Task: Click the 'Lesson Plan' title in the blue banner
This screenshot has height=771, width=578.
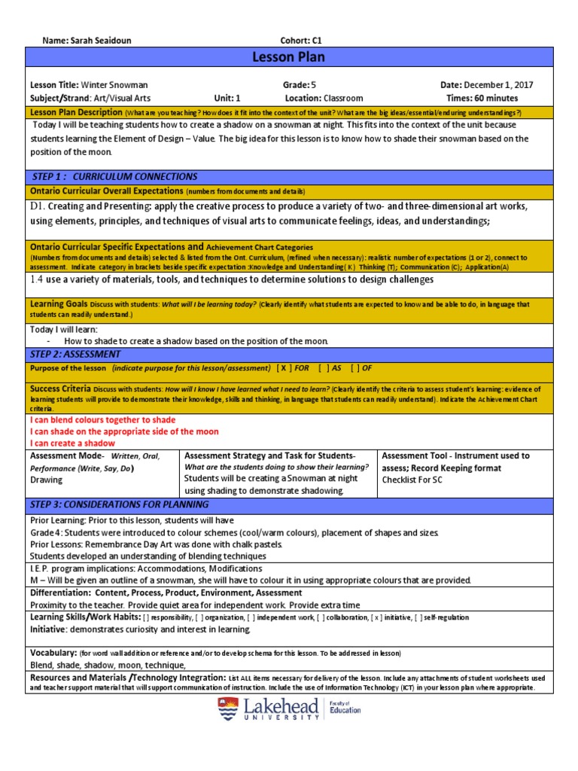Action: (x=289, y=58)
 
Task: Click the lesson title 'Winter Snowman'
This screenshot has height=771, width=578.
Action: (x=114, y=85)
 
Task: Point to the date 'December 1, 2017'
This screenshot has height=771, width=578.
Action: (x=498, y=85)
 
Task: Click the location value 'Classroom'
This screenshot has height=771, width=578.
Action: (x=343, y=98)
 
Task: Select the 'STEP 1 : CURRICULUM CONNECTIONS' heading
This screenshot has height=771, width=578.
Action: (x=114, y=176)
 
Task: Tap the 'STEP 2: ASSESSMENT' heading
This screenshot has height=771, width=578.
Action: (x=75, y=354)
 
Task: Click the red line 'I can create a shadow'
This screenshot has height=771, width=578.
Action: (x=72, y=443)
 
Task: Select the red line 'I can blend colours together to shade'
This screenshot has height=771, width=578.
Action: (x=102, y=419)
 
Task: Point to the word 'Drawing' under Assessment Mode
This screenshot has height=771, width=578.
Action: (x=46, y=480)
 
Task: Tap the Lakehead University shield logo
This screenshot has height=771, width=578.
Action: (x=227, y=709)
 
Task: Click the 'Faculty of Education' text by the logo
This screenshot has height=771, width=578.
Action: (x=345, y=707)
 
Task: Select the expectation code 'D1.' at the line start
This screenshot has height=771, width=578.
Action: (x=38, y=206)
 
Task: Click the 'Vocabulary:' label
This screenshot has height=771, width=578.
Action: (x=53, y=652)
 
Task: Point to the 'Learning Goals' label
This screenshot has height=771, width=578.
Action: (x=58, y=304)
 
